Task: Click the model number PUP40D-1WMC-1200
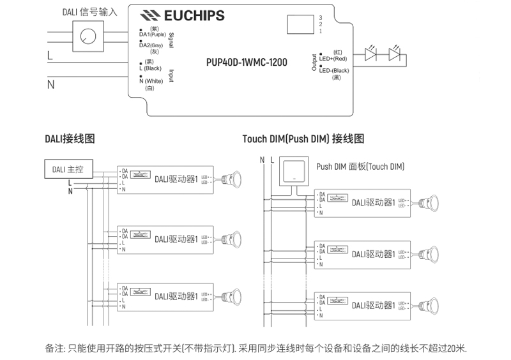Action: (247, 63)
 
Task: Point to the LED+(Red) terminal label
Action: (333, 56)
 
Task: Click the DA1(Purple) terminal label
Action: (152, 34)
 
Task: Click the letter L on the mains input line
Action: (49, 56)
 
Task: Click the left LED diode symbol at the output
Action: (370, 56)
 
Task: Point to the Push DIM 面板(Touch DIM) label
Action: (360, 167)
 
